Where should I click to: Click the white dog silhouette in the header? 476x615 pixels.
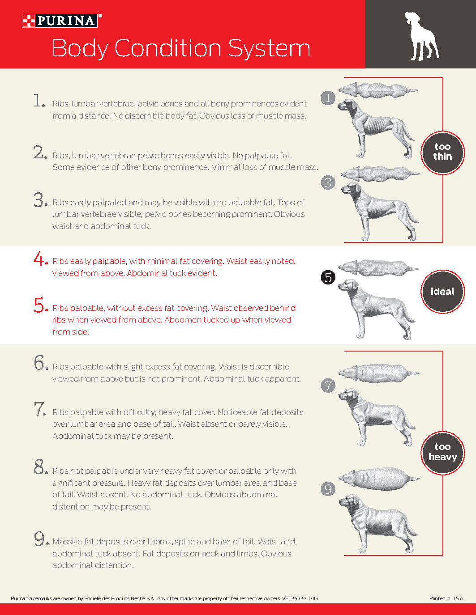[x=422, y=36]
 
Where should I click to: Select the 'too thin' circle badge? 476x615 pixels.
[x=442, y=153]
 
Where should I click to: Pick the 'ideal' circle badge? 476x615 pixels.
[x=442, y=292]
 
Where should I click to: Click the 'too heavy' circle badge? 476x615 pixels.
[x=442, y=453]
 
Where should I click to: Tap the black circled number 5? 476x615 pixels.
[x=328, y=277]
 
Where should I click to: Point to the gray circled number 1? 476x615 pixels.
[x=328, y=98]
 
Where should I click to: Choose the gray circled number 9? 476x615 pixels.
[x=328, y=489]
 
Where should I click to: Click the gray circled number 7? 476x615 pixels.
[x=328, y=386]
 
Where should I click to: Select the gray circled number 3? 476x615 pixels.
[x=328, y=182]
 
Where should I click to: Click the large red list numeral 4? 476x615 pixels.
[x=40, y=259]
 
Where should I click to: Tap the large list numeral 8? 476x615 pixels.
[x=40, y=467]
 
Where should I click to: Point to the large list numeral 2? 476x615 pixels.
[x=40, y=153]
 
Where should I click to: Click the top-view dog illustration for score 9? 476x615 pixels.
[x=379, y=479]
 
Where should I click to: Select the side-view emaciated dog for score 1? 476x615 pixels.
[x=376, y=128]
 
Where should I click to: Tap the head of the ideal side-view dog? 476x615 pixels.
[x=349, y=286]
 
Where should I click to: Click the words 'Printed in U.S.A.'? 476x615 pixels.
[x=447, y=598]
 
